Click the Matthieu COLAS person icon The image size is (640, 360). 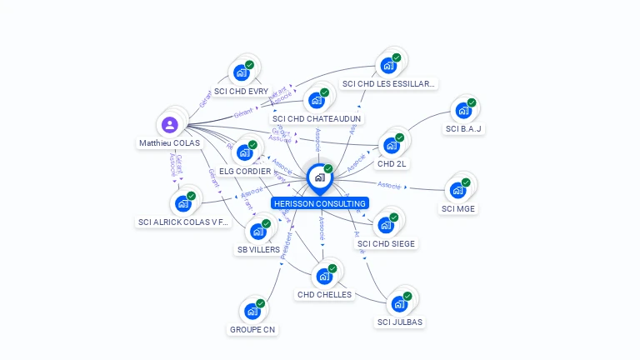click(x=170, y=125)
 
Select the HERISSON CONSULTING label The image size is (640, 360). click(x=319, y=203)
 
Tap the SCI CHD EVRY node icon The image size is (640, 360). click(x=242, y=72)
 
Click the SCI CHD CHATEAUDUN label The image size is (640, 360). click(x=317, y=118)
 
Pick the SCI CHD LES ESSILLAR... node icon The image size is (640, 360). click(x=387, y=65)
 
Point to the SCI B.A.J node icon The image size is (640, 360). click(x=462, y=110)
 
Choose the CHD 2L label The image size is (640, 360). click(x=392, y=163)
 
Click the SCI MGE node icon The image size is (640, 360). click(x=457, y=189)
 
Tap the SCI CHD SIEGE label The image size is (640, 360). click(x=386, y=243)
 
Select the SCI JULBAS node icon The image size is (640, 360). click(x=399, y=303)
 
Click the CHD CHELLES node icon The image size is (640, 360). click(x=323, y=276)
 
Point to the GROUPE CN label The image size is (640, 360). click(x=252, y=329)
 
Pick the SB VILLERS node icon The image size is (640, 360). click(x=257, y=231)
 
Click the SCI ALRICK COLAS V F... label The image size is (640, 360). click(x=183, y=222)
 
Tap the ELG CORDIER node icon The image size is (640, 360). click(x=244, y=152)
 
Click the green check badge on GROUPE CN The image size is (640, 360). click(x=261, y=303)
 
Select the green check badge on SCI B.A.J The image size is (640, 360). click(x=472, y=102)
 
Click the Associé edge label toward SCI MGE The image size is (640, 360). click(x=389, y=185)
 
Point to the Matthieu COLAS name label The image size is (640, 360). click(x=169, y=142)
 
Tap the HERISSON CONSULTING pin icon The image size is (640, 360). click(x=319, y=177)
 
